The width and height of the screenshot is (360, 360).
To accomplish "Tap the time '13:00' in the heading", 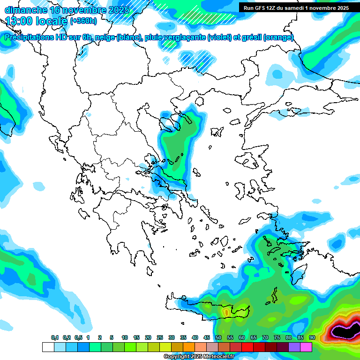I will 20,21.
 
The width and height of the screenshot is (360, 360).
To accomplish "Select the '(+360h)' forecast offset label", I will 83,21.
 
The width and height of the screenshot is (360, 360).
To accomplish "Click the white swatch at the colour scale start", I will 48,347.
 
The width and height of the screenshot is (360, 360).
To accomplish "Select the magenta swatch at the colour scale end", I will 306,347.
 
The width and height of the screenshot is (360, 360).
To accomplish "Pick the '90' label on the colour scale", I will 312,337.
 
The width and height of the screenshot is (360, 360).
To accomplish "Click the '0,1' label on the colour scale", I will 55,337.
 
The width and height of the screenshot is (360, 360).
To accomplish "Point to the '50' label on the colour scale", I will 218,337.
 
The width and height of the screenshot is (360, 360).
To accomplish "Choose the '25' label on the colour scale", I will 160,337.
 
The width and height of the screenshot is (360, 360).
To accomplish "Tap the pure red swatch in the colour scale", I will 247,347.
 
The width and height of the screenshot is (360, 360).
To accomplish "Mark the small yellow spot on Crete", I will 226,311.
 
